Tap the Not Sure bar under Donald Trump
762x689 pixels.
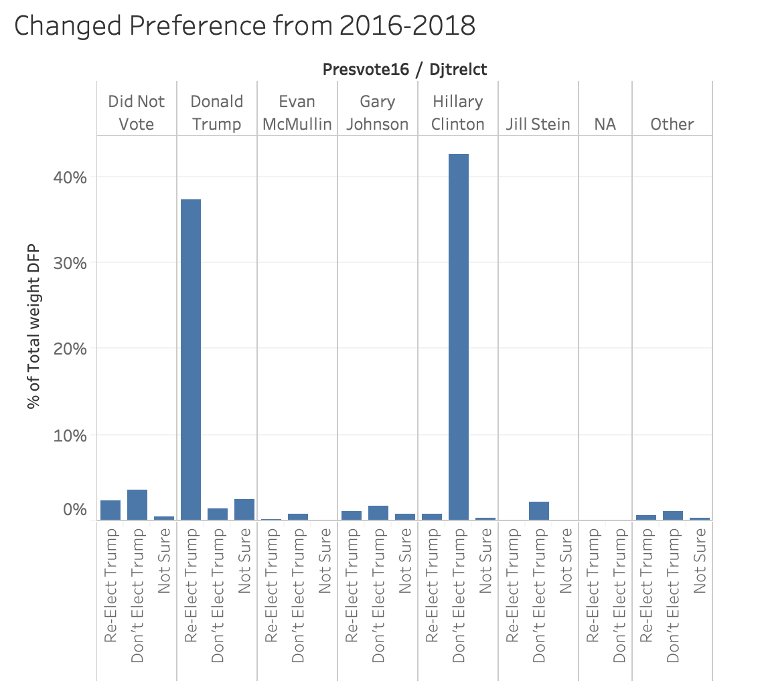[244, 510]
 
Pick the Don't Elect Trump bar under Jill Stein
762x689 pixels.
[538, 511]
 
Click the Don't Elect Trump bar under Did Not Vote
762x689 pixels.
[137, 505]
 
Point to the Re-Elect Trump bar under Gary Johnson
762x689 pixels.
[351, 516]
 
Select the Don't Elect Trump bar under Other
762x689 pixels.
[672, 516]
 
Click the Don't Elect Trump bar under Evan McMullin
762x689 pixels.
[297, 517]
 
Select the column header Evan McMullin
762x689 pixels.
[297, 113]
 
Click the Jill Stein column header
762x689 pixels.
[538, 124]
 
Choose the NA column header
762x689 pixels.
[605, 124]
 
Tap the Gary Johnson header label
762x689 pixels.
[377, 113]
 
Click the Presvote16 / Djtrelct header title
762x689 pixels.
[404, 70]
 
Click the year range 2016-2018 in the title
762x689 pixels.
[407, 26]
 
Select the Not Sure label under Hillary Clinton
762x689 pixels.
[485, 561]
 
